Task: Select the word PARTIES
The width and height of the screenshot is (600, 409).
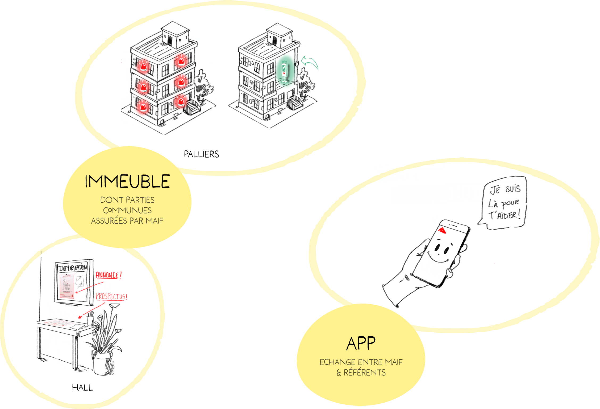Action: pyautogui.click(x=141, y=200)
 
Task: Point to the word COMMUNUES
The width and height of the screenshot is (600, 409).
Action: pyautogui.click(x=127, y=210)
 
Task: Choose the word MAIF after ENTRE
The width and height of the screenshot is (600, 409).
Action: pyautogui.click(x=394, y=362)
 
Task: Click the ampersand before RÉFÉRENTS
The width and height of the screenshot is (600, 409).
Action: pyautogui.click(x=339, y=373)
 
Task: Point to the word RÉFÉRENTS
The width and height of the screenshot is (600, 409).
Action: pyautogui.click(x=365, y=373)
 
